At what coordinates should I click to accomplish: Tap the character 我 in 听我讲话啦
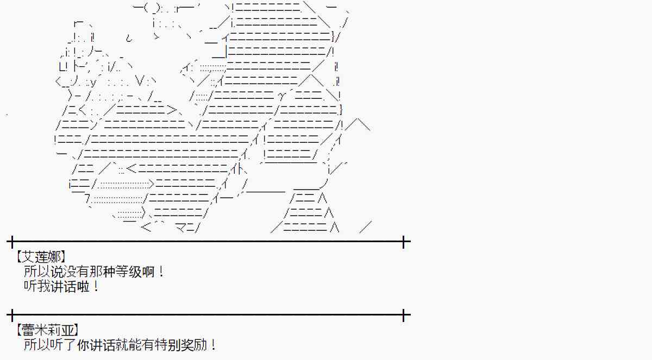pos(45,286)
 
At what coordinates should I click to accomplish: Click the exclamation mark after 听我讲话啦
pos(96,286)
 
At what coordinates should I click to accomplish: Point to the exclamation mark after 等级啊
pos(161,271)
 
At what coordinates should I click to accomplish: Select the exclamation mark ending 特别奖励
pos(214,345)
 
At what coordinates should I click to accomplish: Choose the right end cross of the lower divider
pos(404,314)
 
